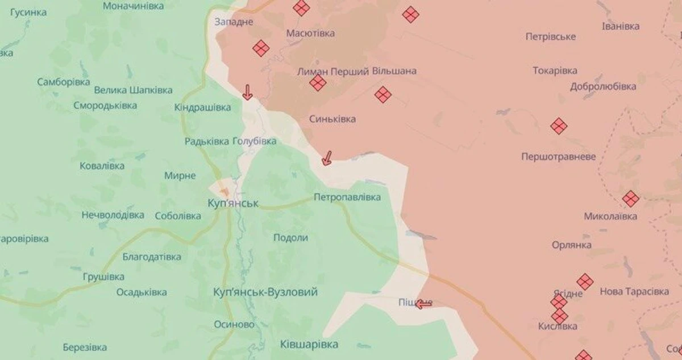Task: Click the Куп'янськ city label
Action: pos(234,203)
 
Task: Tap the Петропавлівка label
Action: pos(347,197)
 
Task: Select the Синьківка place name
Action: pos(332,119)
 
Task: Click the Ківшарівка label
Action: pos(309,344)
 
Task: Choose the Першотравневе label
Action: pos(559,156)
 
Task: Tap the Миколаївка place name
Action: pos(610,217)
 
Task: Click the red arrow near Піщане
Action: pos(423,304)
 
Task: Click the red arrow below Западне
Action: pos(247,92)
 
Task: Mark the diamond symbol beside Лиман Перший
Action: pos(318,84)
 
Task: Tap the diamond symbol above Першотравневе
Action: pos(559,126)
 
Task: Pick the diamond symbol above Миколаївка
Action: pos(630,198)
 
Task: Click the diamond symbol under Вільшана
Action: pos(383,94)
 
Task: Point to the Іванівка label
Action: pos(620,26)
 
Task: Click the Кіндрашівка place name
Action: pos(203,107)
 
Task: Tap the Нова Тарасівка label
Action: pos(634,292)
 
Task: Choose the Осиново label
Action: pos(234,324)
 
